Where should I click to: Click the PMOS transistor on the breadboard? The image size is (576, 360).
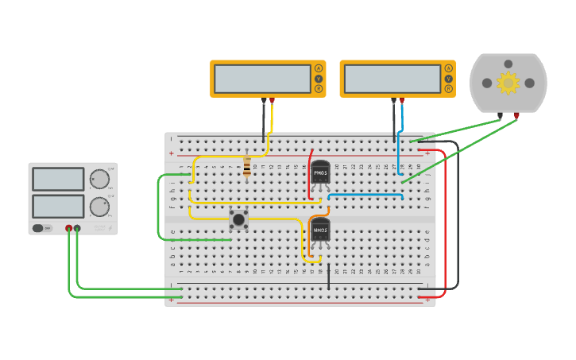click(x=320, y=172)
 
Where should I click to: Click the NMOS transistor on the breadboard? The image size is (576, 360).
click(x=320, y=230)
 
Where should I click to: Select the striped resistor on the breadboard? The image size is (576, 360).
click(x=247, y=166)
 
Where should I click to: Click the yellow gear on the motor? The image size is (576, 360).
click(x=508, y=82)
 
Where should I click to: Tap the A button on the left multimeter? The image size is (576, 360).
click(x=319, y=68)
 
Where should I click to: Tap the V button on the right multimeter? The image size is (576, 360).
click(x=449, y=79)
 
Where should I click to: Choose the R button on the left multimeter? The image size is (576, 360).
click(x=319, y=89)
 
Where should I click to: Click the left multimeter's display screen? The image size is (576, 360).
click(x=262, y=79)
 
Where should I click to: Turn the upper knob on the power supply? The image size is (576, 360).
click(x=99, y=179)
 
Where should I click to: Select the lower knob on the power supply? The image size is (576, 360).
click(x=99, y=207)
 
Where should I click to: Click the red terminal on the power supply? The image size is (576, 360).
click(x=69, y=229)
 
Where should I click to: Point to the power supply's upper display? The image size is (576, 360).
click(x=58, y=179)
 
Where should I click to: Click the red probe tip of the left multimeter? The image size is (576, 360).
click(x=273, y=101)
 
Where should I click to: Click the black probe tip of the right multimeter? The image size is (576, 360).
click(x=393, y=101)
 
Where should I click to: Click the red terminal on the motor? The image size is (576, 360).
click(x=517, y=116)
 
